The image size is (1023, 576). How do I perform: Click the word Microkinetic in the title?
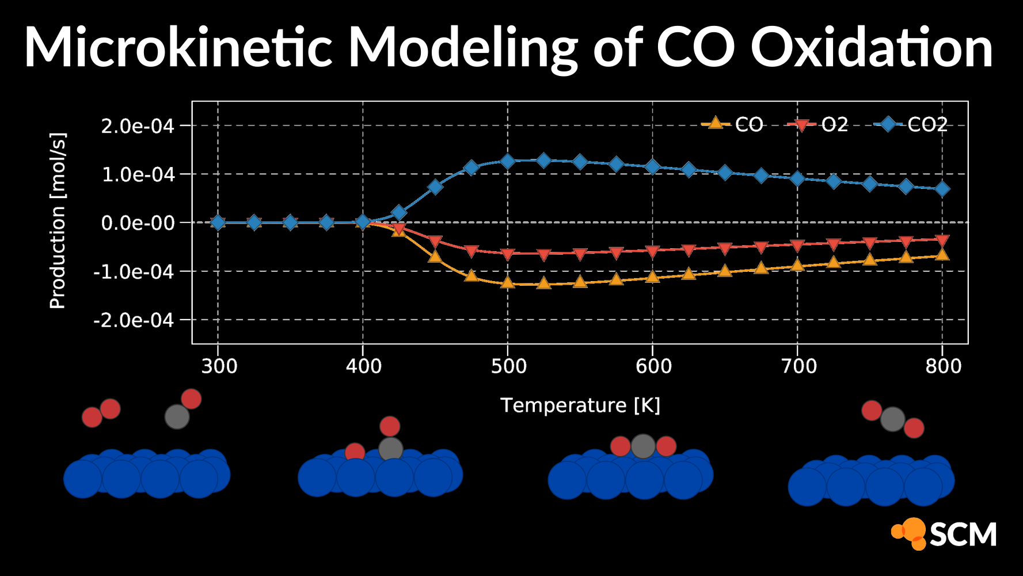tap(178, 47)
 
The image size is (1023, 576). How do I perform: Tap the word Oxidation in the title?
tap(872, 47)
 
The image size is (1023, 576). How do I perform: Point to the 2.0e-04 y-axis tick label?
tap(138, 126)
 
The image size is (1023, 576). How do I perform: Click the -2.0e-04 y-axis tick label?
tap(134, 320)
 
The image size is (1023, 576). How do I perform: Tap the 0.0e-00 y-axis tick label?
tap(138, 223)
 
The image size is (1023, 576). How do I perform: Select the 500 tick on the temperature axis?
tap(508, 366)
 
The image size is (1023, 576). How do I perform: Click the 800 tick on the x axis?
tap(943, 366)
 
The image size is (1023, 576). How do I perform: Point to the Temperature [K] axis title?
tap(580, 406)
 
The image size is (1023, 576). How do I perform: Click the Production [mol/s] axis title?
tap(58, 221)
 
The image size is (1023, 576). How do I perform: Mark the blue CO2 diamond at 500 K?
tap(508, 161)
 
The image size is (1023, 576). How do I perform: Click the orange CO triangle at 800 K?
tap(942, 254)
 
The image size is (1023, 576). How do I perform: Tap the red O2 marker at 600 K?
tap(652, 252)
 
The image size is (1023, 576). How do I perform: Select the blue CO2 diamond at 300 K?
tap(218, 222)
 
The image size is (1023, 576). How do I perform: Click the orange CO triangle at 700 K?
tap(797, 265)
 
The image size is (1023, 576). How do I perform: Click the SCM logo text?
tap(963, 535)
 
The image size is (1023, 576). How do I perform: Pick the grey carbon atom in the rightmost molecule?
tap(892, 419)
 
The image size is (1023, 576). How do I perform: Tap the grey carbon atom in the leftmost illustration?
tap(177, 417)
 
